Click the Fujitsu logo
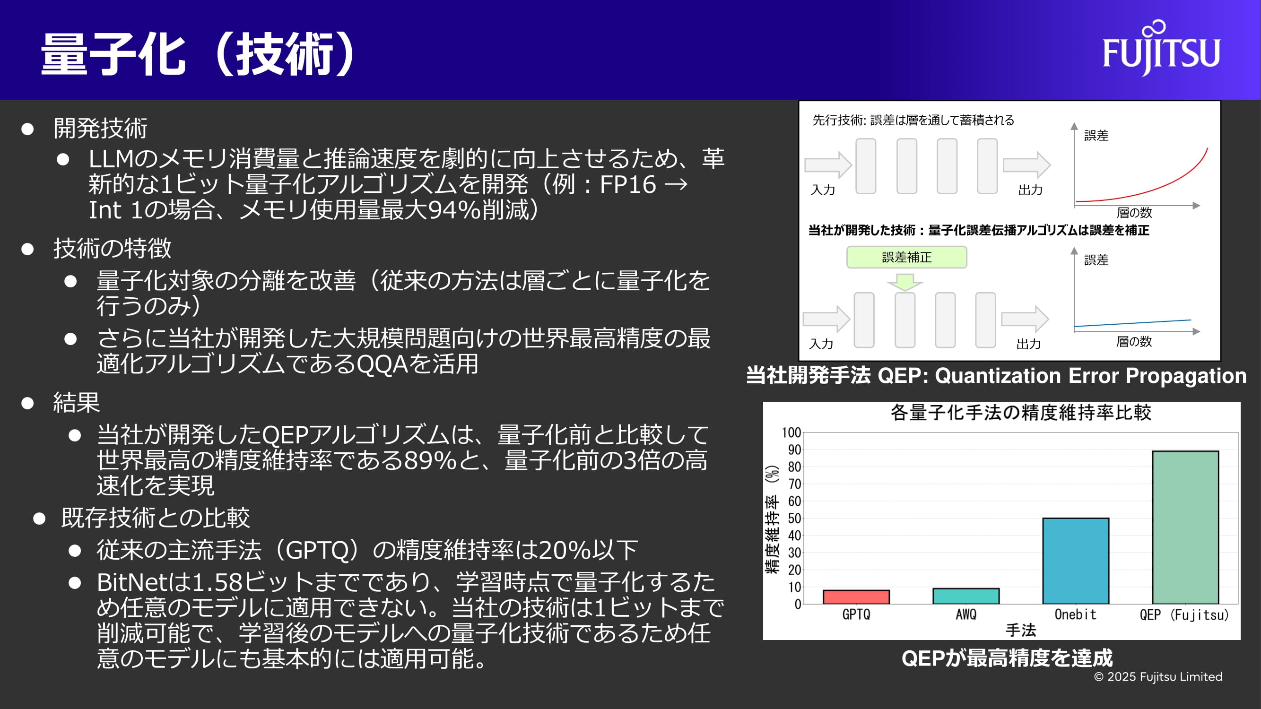(1161, 48)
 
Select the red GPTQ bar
(856, 597)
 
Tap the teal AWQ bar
(966, 596)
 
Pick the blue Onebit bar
(1076, 561)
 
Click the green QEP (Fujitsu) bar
(1185, 527)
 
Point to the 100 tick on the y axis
(791, 432)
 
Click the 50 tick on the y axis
(794, 518)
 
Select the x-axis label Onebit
(1076, 614)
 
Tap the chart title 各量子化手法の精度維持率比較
(1021, 413)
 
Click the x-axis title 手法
(1021, 630)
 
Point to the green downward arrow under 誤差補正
(904, 282)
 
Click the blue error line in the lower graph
(1133, 323)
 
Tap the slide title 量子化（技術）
(198, 54)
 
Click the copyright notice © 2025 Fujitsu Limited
(1158, 677)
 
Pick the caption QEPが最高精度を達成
(1007, 658)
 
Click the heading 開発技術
(100, 128)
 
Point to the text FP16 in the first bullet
(627, 184)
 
